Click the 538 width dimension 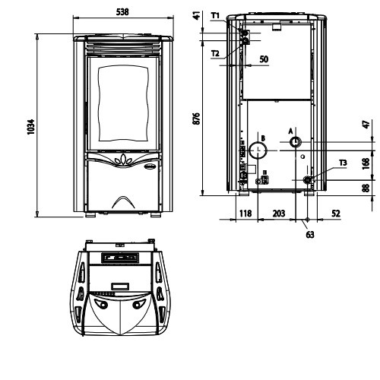(122, 11)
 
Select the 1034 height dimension (30, 127)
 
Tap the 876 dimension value (196, 119)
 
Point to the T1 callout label (215, 16)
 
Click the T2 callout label (215, 53)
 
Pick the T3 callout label (343, 163)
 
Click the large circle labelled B (258, 150)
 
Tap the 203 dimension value (279, 214)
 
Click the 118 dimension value (245, 214)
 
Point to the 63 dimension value (310, 235)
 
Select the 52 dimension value (336, 214)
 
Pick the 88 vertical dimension (366, 188)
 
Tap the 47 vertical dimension (366, 124)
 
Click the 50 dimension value (264, 59)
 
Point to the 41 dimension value (196, 15)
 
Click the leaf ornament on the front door (123, 160)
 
